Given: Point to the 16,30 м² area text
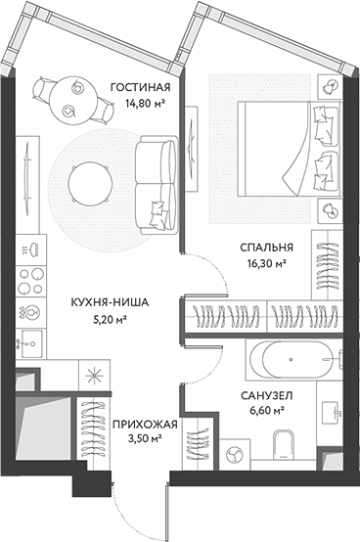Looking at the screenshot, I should (266, 263).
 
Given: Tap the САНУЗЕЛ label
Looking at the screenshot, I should (266, 394).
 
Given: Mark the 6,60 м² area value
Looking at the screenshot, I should (266, 410).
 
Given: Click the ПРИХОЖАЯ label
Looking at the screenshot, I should (144, 425).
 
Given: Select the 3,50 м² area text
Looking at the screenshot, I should (144, 439).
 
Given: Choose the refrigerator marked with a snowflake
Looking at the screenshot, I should (95, 375).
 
